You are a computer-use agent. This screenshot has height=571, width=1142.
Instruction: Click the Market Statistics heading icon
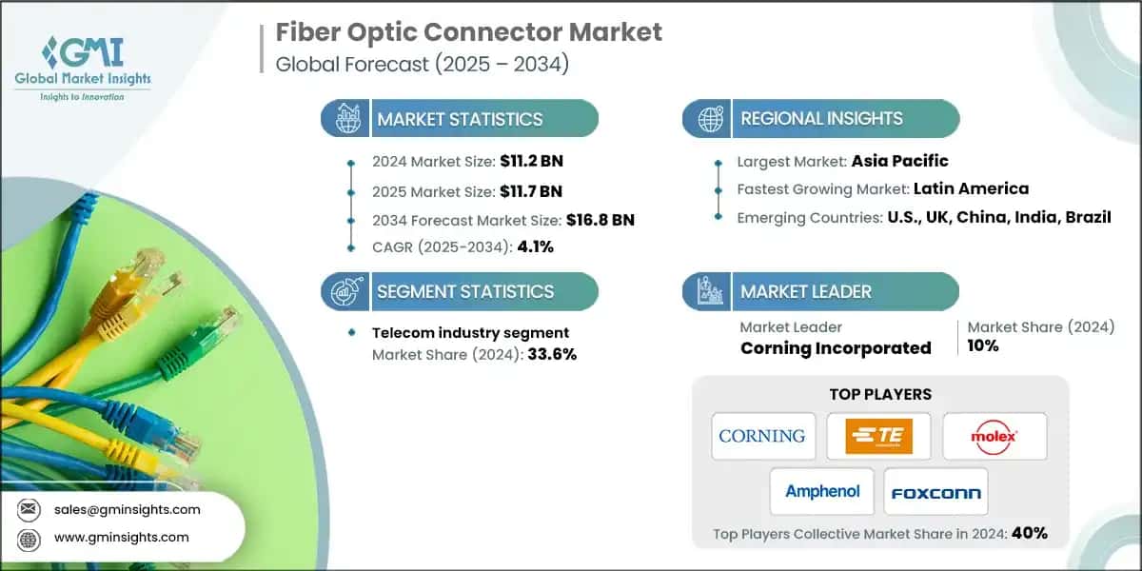(345, 119)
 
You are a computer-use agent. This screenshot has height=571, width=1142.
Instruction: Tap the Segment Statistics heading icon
(345, 291)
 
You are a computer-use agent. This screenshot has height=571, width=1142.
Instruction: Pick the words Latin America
(971, 188)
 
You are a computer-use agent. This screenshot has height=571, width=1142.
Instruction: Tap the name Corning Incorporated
(836, 348)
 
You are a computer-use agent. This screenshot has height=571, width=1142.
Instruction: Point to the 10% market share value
(983, 345)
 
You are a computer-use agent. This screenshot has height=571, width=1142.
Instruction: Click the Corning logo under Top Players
(762, 436)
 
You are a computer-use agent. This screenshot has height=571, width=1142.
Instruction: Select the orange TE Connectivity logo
(878, 436)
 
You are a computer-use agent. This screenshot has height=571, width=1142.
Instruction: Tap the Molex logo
(994, 436)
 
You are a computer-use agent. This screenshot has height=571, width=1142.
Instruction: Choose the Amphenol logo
(822, 491)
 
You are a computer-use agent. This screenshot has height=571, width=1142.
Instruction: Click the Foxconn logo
(935, 491)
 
